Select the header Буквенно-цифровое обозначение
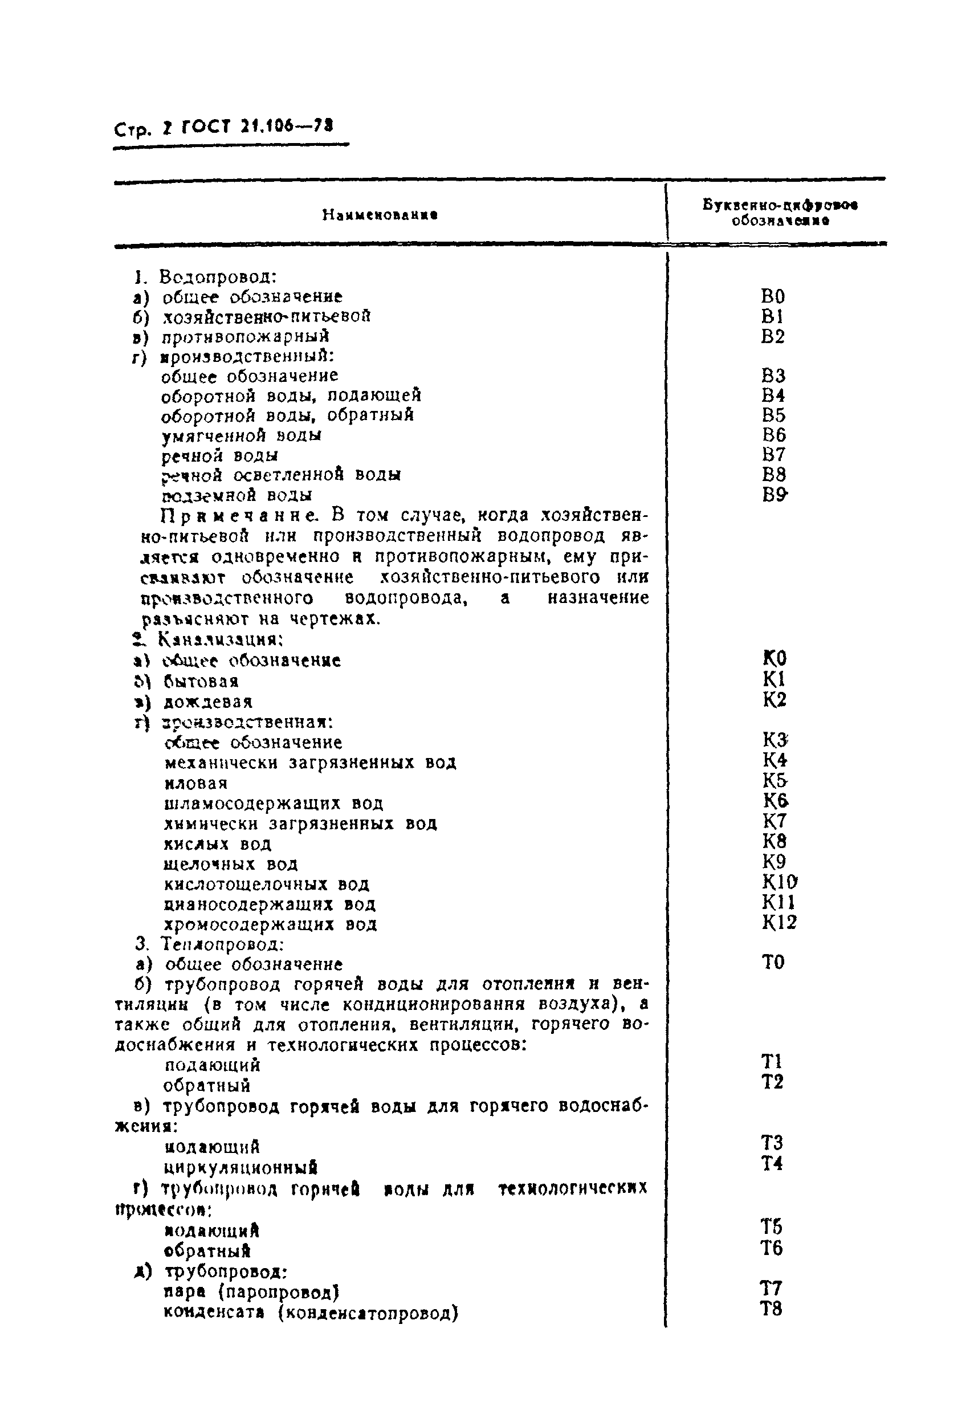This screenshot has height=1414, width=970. (780, 213)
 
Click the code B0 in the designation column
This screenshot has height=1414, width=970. (773, 296)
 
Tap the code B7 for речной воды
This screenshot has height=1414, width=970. (773, 454)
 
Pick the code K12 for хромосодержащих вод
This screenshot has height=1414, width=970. (779, 922)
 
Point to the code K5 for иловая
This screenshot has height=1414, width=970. (775, 781)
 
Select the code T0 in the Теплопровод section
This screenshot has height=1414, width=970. (773, 962)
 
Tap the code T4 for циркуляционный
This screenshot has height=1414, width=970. (772, 1163)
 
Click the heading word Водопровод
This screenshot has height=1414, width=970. (218, 277)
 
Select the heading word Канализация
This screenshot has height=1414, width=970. (221, 639)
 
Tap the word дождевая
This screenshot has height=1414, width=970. (207, 702)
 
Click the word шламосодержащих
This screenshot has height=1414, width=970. (252, 804)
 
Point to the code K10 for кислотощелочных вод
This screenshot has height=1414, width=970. (779, 882)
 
